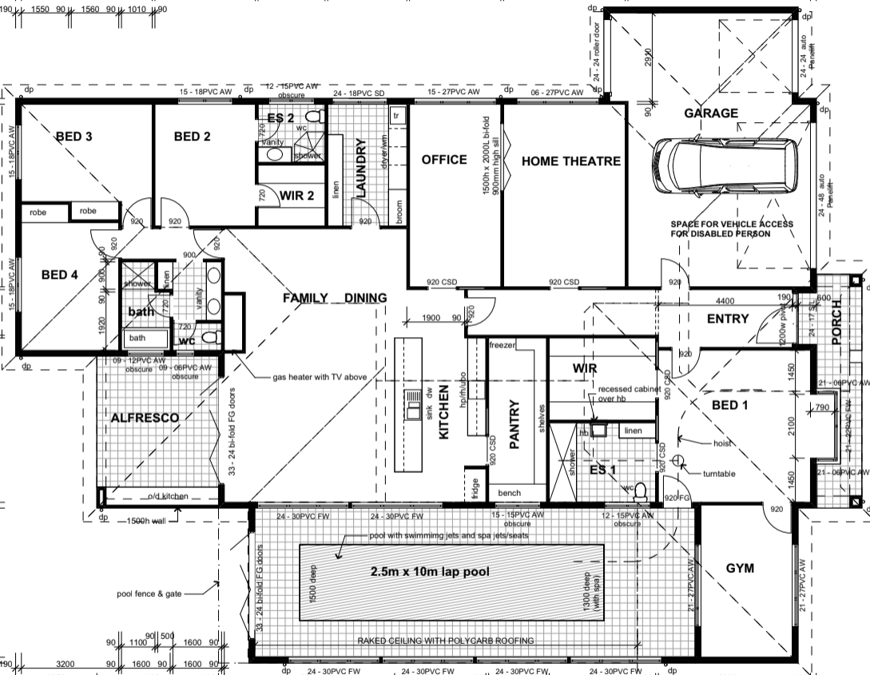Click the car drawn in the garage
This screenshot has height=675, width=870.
(725, 167)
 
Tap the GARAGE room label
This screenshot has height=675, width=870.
(711, 113)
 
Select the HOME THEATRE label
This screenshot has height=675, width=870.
(570, 161)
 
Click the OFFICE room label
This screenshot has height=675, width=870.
(444, 160)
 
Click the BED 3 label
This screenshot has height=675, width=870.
(73, 137)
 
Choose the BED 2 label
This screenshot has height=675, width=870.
(192, 137)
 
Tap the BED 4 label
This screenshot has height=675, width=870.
(59, 275)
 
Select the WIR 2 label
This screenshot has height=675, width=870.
(296, 195)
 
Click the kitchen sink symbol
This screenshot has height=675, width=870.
(414, 406)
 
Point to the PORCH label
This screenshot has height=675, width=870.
(836, 324)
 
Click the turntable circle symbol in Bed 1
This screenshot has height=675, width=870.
(678, 460)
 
